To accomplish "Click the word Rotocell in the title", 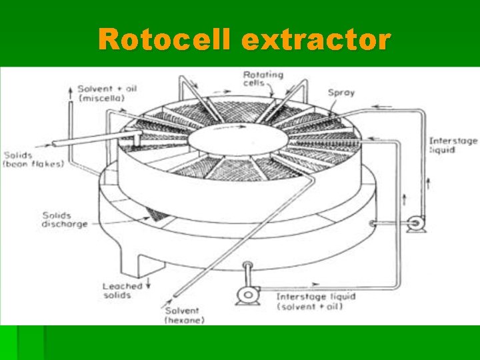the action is click(167, 40).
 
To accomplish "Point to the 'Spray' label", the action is click(341, 92).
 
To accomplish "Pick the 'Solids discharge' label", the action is click(65, 220).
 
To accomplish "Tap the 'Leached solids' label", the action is click(123, 290).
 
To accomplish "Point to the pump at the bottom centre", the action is click(249, 293).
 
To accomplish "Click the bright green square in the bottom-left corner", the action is click(31, 343).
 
